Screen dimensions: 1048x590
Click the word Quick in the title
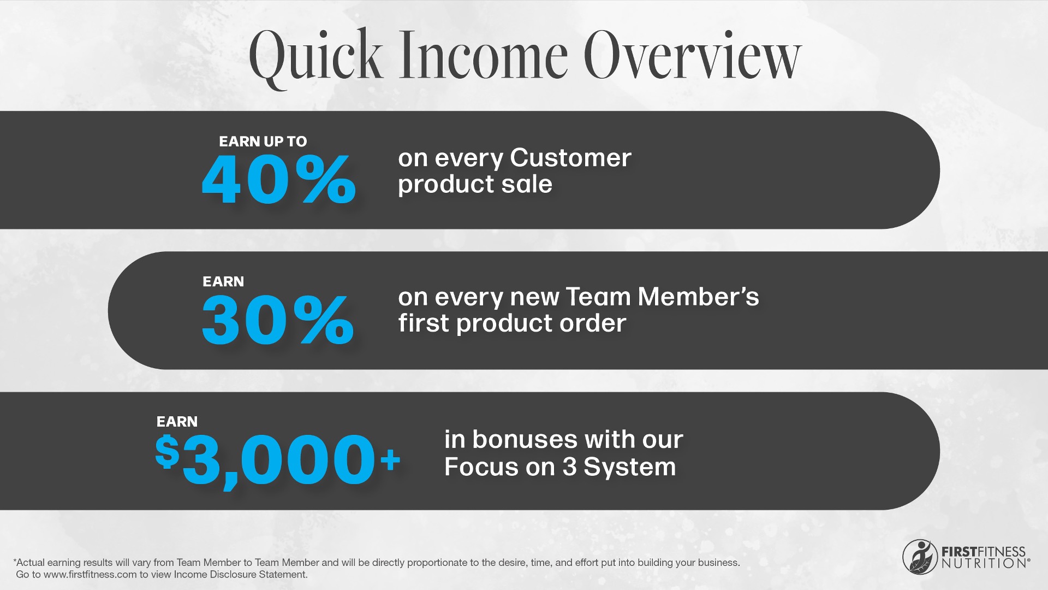pyautogui.click(x=315, y=58)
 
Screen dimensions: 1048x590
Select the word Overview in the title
pyautogui.click(x=693, y=55)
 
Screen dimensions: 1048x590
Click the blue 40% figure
pyautogui.click(x=279, y=179)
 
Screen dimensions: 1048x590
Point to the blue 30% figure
pyautogui.click(x=278, y=319)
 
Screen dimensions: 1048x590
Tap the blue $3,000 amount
pyautogui.click(x=265, y=459)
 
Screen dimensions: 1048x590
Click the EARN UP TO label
pyautogui.click(x=263, y=141)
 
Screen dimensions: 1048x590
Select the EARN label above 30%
pyautogui.click(x=223, y=281)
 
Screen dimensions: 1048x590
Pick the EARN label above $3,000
pyautogui.click(x=177, y=422)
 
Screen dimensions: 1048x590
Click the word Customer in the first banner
pyautogui.click(x=570, y=158)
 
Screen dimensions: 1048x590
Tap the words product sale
pyautogui.click(x=475, y=185)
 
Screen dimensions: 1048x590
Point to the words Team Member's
pyautogui.click(x=662, y=297)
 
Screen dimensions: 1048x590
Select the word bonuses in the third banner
pyautogui.click(x=525, y=439)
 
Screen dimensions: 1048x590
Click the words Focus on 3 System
pyautogui.click(x=560, y=467)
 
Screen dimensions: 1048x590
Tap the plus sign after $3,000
pyautogui.click(x=391, y=460)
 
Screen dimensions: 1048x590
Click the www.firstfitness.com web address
pyautogui.click(x=90, y=575)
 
